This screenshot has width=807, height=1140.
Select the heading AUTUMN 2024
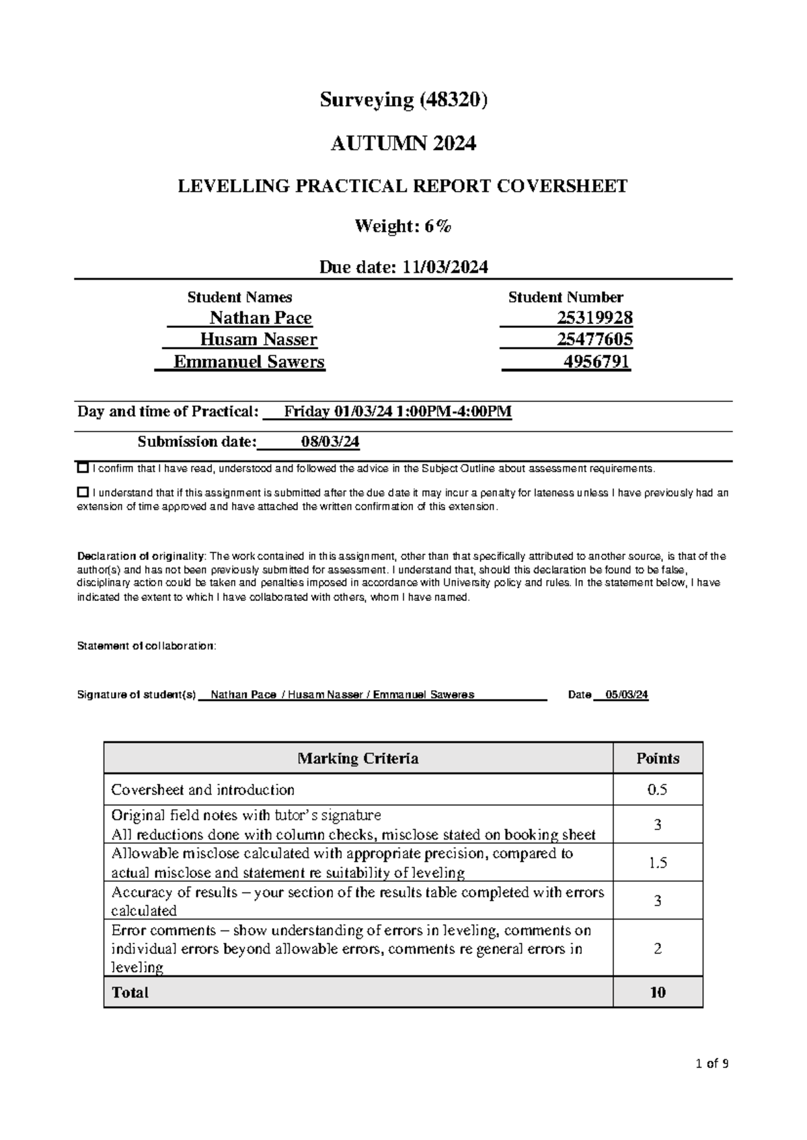pos(403,143)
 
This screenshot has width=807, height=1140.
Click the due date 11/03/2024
pos(445,268)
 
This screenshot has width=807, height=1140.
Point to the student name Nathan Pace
pos(260,318)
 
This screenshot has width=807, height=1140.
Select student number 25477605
pos(594,339)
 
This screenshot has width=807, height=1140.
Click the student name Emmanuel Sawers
pos(249,362)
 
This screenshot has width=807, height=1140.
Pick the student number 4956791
pos(596,362)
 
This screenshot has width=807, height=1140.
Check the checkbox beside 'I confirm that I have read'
pos(83,468)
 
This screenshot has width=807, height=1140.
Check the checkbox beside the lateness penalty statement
pos(83,492)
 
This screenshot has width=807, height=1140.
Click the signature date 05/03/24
pos(626,695)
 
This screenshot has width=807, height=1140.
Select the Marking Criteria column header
pos(358,758)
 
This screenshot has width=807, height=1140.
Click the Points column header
pos(657,758)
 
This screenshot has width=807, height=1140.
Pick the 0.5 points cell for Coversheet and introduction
pos(657,790)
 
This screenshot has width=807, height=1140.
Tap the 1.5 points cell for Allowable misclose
pos(657,863)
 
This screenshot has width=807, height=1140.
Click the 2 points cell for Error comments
pos(657,948)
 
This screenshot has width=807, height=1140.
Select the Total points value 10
pos(657,992)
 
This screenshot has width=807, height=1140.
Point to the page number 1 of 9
pos(712,1063)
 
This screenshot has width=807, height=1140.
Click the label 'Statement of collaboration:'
pos(147,646)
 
